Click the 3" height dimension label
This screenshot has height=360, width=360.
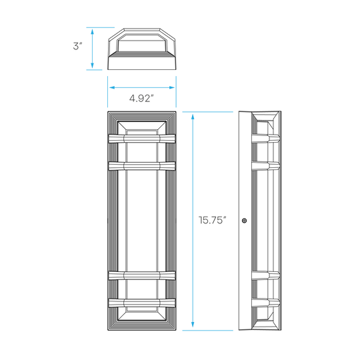coord(77,46)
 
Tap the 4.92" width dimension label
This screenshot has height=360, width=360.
coord(141,98)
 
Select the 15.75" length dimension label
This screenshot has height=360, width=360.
coord(213,220)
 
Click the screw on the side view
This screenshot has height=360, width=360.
coord(244,221)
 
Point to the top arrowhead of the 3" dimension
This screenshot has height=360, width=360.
coord(92,31)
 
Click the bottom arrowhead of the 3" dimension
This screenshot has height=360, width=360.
coord(92,65)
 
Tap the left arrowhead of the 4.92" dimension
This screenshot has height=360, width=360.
coord(112,87)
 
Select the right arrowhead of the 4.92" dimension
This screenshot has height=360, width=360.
coord(171,87)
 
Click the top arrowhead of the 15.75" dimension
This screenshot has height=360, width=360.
coord(193,117)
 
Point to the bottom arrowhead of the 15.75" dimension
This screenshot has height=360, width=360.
coord(193,325)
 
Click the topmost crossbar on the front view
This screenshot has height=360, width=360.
coord(142,139)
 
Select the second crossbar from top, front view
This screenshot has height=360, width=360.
coord(142,166)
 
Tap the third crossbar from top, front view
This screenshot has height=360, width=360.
coord(142,275)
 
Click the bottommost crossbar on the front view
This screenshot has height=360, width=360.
coord(142,303)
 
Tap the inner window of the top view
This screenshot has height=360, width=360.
coord(142,46)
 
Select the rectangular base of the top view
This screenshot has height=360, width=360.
coord(142,63)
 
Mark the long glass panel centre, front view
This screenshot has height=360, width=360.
coord(142,221)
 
